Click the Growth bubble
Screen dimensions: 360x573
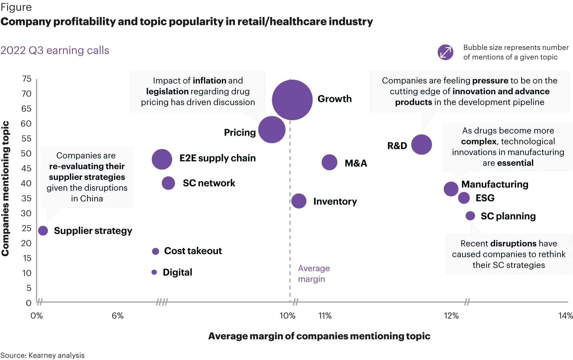[292, 100]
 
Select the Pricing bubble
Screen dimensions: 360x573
[272, 129]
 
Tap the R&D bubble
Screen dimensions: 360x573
[421, 145]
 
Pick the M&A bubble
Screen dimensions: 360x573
[329, 162]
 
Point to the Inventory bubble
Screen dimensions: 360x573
[299, 201]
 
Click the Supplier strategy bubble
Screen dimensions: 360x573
[43, 231]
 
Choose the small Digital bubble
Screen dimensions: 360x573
[154, 272]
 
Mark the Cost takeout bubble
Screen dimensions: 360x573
[156, 251]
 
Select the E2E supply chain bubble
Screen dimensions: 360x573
[162, 159]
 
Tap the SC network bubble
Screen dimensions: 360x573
[168, 183]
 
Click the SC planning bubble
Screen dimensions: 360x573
[470, 216]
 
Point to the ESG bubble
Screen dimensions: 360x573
[464, 198]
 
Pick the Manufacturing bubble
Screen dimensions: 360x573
[451, 189]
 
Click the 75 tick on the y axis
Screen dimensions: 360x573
[27, 79]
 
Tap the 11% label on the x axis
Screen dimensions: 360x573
[325, 316]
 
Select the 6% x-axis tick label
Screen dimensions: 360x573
[117, 316]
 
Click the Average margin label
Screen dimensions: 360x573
[313, 274]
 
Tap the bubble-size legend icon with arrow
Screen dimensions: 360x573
[446, 52]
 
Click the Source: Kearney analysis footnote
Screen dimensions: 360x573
[42, 355]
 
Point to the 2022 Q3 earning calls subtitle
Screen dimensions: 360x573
[55, 50]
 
